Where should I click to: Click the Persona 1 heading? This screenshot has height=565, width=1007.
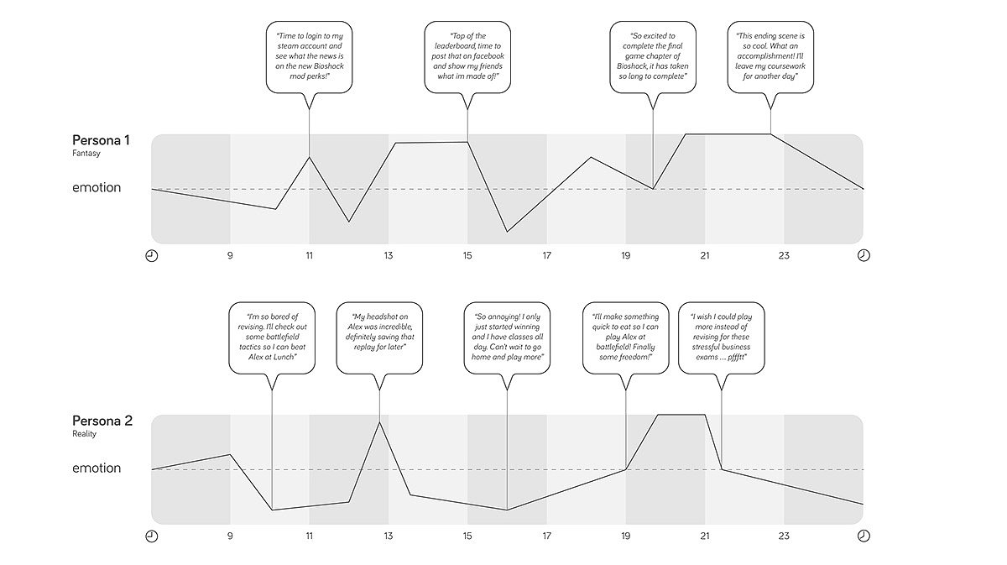click(101, 140)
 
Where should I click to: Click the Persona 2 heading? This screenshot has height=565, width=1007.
click(102, 421)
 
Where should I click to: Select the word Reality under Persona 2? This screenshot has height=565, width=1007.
click(85, 434)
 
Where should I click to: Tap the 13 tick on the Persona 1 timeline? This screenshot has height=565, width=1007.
click(389, 255)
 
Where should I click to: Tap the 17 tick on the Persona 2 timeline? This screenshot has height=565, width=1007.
click(546, 536)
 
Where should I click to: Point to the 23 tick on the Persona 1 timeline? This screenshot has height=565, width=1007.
click(784, 255)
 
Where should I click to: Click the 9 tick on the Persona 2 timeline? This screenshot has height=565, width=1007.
click(230, 536)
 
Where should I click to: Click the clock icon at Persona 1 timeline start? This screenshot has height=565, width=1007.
click(152, 255)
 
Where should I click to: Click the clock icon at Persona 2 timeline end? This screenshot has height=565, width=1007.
click(864, 536)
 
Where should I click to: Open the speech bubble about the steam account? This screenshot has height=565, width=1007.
click(309, 58)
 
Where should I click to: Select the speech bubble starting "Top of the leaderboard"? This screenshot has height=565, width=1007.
click(467, 58)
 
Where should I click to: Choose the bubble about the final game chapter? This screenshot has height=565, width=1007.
click(652, 58)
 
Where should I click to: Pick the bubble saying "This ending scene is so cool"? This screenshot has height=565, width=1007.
click(770, 58)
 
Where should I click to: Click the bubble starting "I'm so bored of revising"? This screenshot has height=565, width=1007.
click(272, 338)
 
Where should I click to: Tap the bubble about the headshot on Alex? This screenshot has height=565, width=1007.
click(379, 338)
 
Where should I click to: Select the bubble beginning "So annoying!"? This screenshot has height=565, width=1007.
click(506, 338)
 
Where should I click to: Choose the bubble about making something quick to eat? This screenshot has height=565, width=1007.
click(625, 338)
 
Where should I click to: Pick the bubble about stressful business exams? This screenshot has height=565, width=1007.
click(721, 338)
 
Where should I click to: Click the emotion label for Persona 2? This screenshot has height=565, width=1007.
click(97, 468)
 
